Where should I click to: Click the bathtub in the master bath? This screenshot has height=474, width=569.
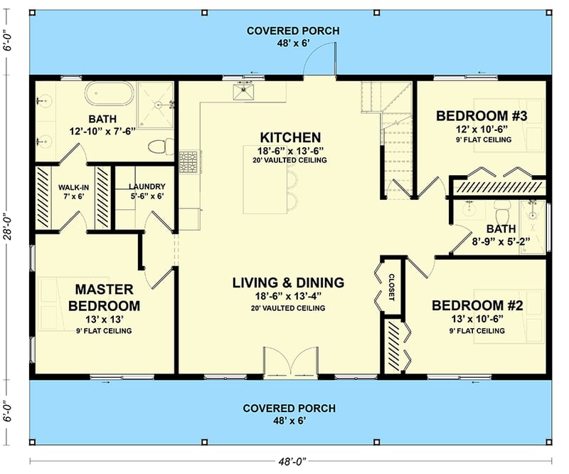110,93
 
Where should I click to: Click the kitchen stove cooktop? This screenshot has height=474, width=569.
188,162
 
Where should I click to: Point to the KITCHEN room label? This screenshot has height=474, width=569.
290,137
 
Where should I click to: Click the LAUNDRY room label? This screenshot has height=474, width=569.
147,186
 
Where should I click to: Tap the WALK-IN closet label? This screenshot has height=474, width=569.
74,188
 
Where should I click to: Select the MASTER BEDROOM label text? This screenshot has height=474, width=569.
104,297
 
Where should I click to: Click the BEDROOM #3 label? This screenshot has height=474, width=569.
482,116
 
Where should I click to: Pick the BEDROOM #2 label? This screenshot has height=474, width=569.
477,305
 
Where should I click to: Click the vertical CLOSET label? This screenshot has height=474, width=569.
391,287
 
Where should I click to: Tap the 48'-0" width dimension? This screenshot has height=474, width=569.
292,462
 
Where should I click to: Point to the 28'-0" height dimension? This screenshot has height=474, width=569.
8,228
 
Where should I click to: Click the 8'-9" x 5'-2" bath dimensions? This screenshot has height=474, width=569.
501,241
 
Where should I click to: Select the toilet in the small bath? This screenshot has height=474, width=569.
502,209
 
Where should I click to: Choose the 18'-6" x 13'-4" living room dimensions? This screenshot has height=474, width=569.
289,296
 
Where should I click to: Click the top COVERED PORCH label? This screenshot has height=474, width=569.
293,31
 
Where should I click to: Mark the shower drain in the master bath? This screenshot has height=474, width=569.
158,105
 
